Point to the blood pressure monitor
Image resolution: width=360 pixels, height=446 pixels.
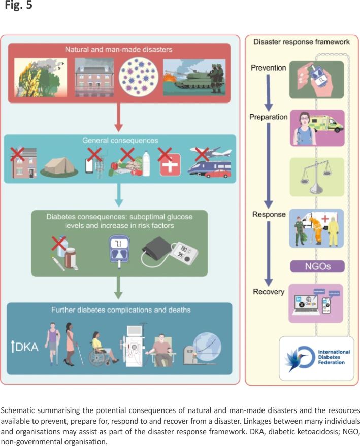click(x=170, y=250)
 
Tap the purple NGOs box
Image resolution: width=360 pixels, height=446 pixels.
click(x=317, y=266)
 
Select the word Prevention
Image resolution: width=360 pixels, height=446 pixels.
click(x=268, y=68)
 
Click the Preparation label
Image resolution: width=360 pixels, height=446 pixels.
click(x=269, y=117)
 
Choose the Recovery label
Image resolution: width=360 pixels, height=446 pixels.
click(x=268, y=291)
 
